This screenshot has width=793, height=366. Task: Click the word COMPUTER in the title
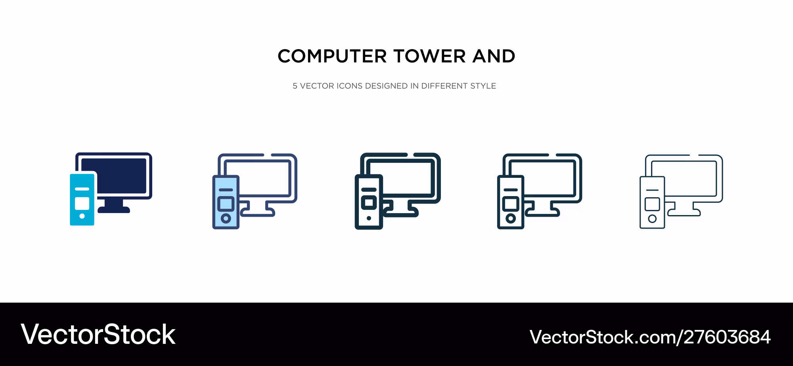click(332, 56)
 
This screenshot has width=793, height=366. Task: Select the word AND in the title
click(494, 56)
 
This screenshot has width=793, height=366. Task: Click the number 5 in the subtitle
click(295, 86)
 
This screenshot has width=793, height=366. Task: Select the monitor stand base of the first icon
click(114, 210)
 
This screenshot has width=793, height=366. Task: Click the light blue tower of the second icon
click(226, 202)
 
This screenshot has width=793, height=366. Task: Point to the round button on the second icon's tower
click(226, 218)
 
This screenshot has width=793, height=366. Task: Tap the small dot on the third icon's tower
click(369, 218)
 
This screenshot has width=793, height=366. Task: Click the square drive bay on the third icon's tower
click(369, 203)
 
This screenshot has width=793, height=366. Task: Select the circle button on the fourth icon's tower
click(511, 218)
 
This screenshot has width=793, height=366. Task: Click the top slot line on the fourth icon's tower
click(511, 190)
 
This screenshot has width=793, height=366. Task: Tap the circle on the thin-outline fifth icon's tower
click(652, 219)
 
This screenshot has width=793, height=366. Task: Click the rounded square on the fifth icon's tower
click(652, 204)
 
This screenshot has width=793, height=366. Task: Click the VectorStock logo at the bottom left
click(98, 335)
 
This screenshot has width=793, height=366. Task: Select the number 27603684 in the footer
click(727, 337)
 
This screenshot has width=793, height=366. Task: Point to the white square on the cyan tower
click(82, 204)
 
